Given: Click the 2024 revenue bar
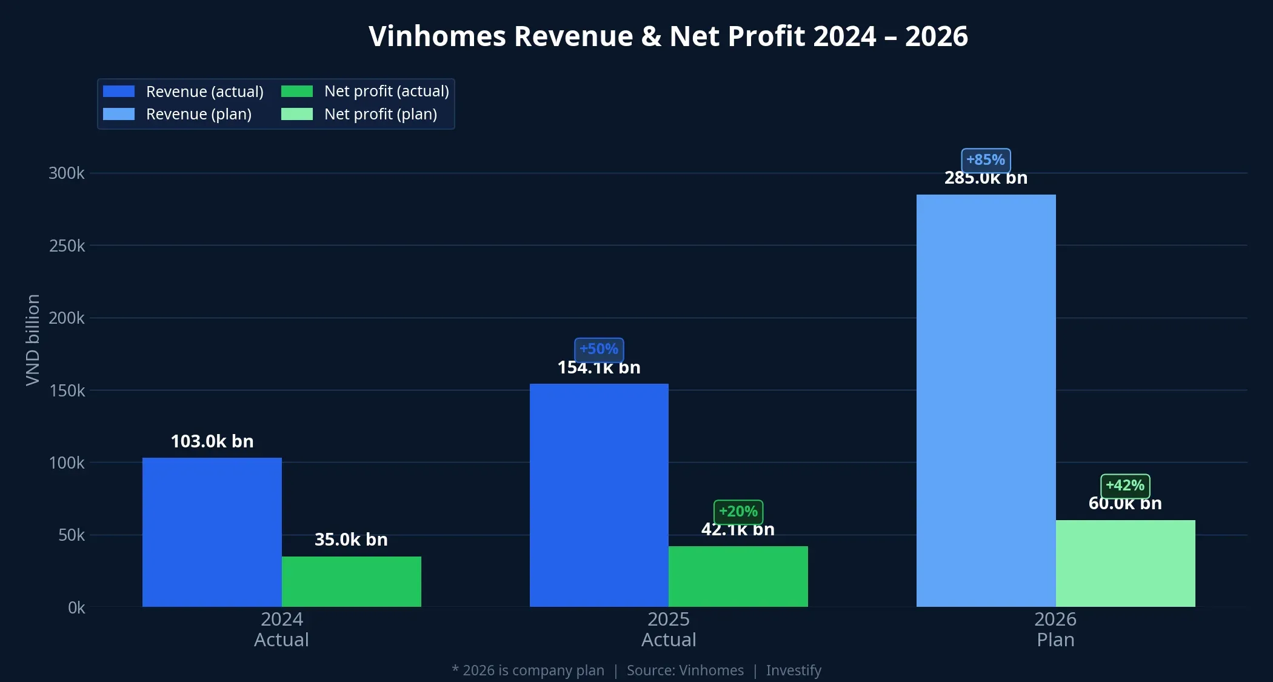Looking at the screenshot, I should [212, 532].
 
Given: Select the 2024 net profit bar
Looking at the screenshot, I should [351, 581].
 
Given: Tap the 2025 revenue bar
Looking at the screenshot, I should [599, 495].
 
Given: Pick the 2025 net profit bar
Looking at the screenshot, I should [738, 577].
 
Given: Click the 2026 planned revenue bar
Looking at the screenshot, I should [986, 401].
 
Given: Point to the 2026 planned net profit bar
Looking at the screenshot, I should [1125, 563].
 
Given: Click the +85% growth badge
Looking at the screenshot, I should [986, 160].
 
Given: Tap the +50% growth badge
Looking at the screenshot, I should [599, 349].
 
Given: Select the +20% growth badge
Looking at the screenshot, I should [738, 512].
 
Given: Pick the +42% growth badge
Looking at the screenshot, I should [1125, 486].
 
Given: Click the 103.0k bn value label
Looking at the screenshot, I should [212, 441].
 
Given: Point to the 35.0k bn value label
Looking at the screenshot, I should [351, 540].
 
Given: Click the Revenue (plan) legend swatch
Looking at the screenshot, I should [119, 114].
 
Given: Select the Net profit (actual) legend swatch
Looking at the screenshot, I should [297, 92].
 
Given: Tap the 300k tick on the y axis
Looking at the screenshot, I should [67, 173].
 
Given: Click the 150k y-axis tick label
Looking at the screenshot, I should [67, 390].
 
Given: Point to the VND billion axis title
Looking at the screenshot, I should [33, 339].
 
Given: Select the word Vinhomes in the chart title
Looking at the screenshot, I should [437, 36].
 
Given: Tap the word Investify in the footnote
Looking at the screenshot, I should [794, 670].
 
